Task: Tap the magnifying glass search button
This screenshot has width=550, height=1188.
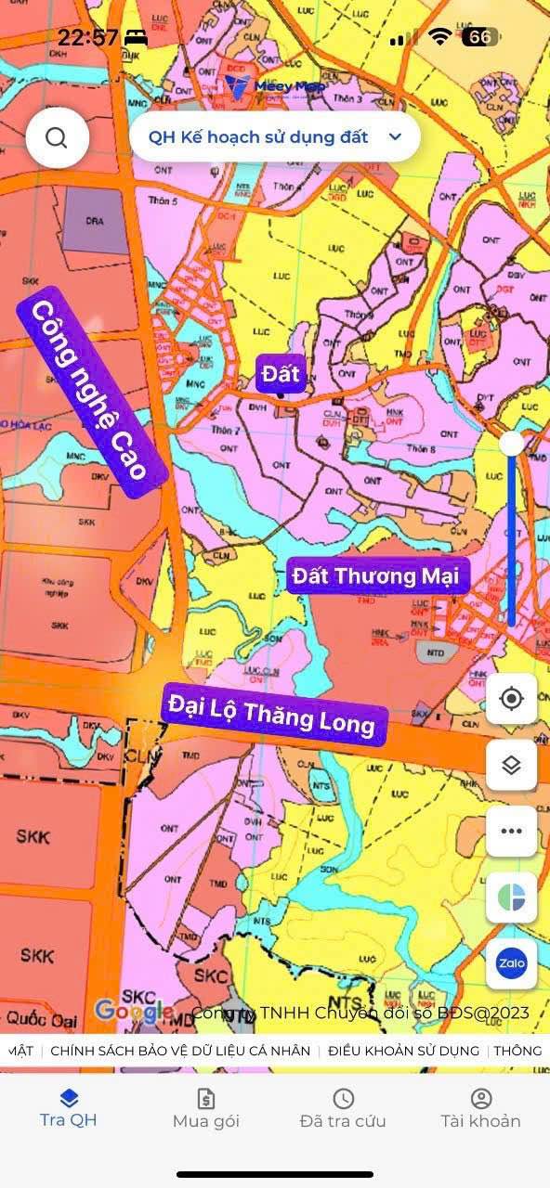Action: point(57,137)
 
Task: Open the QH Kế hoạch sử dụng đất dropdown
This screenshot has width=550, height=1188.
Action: point(275,137)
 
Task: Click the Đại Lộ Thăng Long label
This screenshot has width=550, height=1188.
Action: point(273,715)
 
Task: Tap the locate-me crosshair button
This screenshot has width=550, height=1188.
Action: point(511,699)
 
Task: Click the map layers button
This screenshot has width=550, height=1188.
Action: point(511,765)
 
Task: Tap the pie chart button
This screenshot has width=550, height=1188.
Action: point(511,897)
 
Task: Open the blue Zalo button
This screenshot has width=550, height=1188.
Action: point(511,963)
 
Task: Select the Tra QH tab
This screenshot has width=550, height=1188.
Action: point(68,1108)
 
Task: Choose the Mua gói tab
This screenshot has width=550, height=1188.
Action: point(206,1108)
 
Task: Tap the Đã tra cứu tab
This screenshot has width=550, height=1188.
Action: point(343,1108)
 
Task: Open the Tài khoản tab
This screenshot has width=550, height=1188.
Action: point(480,1108)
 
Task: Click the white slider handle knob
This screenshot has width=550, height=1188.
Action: point(511,444)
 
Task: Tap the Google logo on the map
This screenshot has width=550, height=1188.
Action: point(132,1011)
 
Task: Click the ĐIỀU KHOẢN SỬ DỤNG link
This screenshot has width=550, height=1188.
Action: point(404,1051)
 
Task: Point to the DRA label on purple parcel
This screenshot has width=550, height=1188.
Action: point(95,221)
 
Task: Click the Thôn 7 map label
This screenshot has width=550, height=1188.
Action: point(225,431)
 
